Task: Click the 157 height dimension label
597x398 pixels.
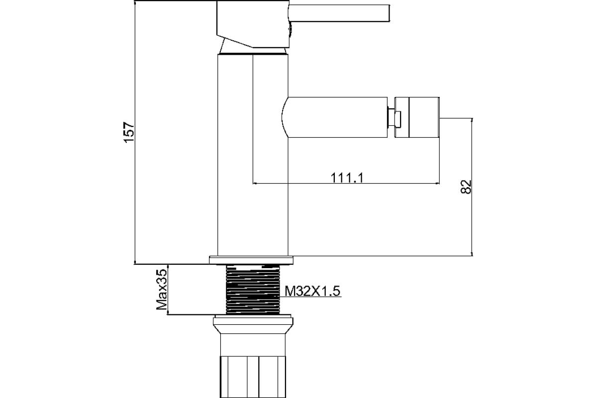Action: [x=129, y=132]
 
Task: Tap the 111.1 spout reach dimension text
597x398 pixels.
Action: [x=347, y=178]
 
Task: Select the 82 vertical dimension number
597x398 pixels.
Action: [x=466, y=187]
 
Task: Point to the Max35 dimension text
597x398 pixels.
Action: [x=162, y=289]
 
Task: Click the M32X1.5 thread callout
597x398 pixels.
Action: [x=312, y=291]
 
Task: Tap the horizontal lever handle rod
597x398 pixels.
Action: [x=339, y=13]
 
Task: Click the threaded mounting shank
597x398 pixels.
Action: [x=253, y=290]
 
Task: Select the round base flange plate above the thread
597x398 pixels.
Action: [x=251, y=260]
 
